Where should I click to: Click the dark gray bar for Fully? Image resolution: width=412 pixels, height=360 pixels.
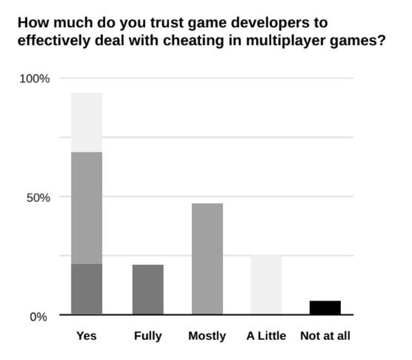(148, 289)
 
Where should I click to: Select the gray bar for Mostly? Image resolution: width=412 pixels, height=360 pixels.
(207, 259)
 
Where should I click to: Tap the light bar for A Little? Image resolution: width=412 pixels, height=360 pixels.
(266, 284)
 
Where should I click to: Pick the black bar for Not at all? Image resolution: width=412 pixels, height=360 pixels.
(325, 307)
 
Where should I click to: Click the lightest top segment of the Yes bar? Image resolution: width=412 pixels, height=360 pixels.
(87, 122)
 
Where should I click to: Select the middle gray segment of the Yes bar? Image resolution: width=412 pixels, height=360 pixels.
(87, 208)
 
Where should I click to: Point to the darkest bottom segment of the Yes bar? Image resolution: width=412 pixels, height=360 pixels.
(87, 289)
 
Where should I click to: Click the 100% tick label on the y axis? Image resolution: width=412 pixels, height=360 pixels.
(35, 79)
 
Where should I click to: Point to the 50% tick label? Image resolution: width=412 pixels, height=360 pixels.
(38, 197)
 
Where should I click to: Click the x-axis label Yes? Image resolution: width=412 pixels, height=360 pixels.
(87, 336)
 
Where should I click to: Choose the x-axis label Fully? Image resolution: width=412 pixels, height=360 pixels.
(148, 336)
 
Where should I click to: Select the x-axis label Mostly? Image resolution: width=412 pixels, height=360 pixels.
(207, 336)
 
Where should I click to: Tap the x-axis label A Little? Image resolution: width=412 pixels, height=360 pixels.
(266, 336)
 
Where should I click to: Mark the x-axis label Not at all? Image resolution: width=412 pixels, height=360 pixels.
(325, 336)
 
